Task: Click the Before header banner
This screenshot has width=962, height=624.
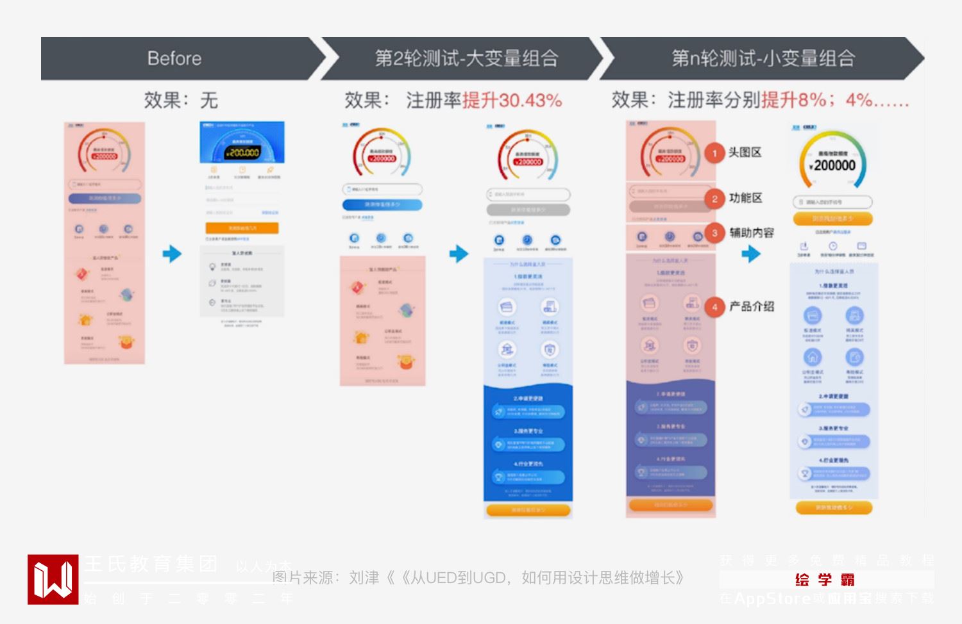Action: [174, 58]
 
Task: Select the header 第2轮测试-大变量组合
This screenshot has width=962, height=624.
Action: [466, 58]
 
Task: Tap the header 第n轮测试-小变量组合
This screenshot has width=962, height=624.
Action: [763, 58]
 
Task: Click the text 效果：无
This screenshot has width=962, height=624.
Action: [181, 100]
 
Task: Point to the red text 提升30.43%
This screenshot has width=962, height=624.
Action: [512, 101]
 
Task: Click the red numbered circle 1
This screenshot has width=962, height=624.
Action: [714, 153]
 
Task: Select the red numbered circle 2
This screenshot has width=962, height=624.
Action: [714, 199]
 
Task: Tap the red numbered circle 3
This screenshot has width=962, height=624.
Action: [714, 233]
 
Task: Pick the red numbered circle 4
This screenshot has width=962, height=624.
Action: [714, 307]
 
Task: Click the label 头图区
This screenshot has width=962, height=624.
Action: [745, 152]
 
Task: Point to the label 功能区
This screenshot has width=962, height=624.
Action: [745, 198]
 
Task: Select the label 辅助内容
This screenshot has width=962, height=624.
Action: [752, 233]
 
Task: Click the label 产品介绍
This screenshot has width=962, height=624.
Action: [752, 306]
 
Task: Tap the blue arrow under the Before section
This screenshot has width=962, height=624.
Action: [172, 254]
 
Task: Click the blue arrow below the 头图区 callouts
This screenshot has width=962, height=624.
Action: [750, 254]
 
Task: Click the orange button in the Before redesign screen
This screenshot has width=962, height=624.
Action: [242, 228]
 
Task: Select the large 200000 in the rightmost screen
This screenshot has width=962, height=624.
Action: [834, 165]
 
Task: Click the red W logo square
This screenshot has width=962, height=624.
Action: [53, 579]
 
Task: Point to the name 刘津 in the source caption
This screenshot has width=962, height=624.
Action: [364, 578]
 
